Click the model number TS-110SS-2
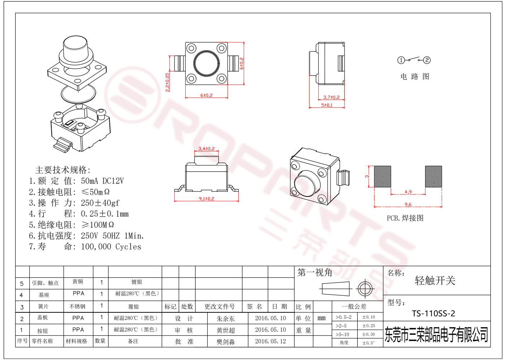click(x=433, y=313)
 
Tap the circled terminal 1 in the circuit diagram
click(x=401, y=60)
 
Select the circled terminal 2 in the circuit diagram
click(x=427, y=60)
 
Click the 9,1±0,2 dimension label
click(x=207, y=199)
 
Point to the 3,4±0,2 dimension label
click(x=207, y=148)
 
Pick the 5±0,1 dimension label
click(x=327, y=105)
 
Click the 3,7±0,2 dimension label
click(x=332, y=97)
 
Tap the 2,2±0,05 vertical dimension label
click(x=167, y=82)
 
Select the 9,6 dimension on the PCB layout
click(x=408, y=204)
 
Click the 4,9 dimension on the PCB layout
click(x=408, y=192)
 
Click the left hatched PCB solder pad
click(x=382, y=177)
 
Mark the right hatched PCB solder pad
click(x=433, y=177)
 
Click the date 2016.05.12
click(x=271, y=341)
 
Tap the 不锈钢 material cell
click(x=77, y=307)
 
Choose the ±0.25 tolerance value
click(x=369, y=326)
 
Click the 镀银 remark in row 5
click(x=137, y=282)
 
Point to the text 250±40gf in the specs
click(x=100, y=203)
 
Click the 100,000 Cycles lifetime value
click(x=111, y=247)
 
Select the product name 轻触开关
click(x=435, y=281)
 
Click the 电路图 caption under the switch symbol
click(x=415, y=77)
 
